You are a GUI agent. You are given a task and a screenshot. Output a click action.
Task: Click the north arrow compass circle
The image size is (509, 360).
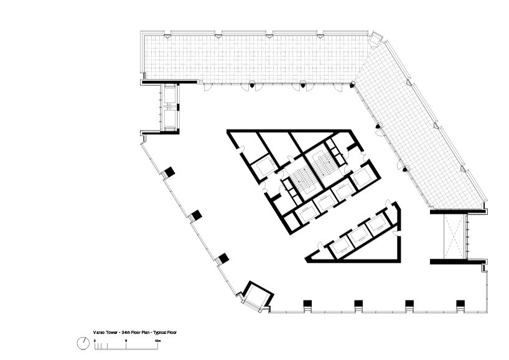(x=83, y=343)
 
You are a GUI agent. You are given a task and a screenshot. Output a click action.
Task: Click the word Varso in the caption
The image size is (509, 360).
(x=98, y=333)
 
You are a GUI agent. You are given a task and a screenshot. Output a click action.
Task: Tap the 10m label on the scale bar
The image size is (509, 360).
(x=157, y=341)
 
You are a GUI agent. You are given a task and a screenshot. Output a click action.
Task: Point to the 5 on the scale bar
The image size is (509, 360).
(x=126, y=341)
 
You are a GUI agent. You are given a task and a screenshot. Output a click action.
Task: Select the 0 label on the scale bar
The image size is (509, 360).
(x=95, y=341)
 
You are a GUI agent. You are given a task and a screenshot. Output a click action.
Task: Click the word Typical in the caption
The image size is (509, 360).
(x=160, y=333)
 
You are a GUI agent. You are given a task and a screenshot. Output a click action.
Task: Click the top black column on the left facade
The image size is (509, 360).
(x=169, y=172)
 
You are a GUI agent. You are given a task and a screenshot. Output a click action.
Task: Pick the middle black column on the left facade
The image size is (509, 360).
(x=196, y=215)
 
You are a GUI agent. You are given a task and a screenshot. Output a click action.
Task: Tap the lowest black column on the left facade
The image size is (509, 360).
(x=223, y=258)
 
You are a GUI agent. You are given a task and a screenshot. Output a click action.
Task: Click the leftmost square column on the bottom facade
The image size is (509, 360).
(x=307, y=303)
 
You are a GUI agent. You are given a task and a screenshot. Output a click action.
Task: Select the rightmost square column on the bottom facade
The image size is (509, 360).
(x=460, y=303)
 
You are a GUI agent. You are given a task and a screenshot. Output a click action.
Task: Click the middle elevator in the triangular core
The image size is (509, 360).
(x=358, y=236)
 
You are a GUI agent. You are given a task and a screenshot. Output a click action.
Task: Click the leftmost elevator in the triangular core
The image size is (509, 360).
(x=340, y=247)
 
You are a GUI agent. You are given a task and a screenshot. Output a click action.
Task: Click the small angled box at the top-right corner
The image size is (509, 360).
(x=376, y=39)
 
